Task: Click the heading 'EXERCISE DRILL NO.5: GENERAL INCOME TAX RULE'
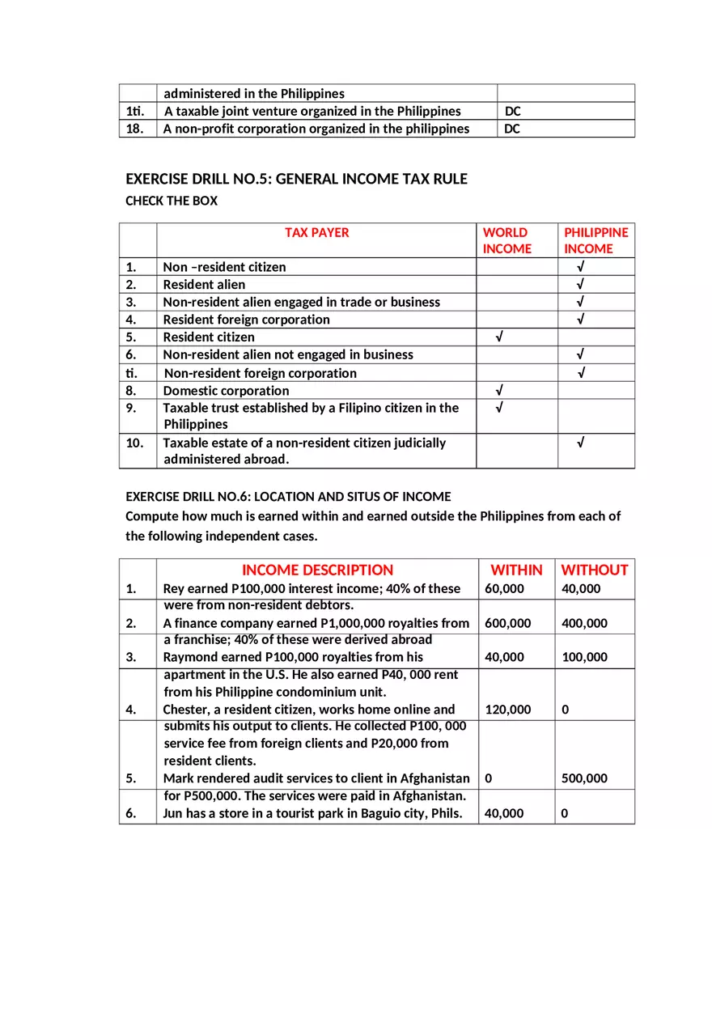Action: click(x=296, y=179)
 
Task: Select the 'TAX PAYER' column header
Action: click(x=316, y=232)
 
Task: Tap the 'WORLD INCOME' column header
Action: click(x=507, y=240)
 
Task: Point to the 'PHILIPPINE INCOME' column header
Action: click(x=596, y=240)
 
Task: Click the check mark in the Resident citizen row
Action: click(x=500, y=337)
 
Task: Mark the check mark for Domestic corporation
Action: click(x=500, y=390)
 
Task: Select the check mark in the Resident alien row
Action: click(x=581, y=284)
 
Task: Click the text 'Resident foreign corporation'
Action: click(x=246, y=319)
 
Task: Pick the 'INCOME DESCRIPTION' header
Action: click(x=317, y=570)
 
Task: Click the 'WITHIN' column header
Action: click(x=516, y=570)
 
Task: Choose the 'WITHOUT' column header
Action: click(x=595, y=570)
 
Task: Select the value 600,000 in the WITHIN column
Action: click(x=508, y=623)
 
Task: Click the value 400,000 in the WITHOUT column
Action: click(x=584, y=623)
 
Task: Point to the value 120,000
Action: click(x=508, y=710)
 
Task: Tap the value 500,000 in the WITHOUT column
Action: click(x=584, y=778)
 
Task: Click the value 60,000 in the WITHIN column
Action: click(x=504, y=588)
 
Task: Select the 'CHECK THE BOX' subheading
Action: click(x=172, y=201)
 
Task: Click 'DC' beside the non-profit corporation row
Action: click(x=512, y=129)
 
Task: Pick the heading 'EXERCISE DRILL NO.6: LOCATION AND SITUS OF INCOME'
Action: click(x=288, y=496)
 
